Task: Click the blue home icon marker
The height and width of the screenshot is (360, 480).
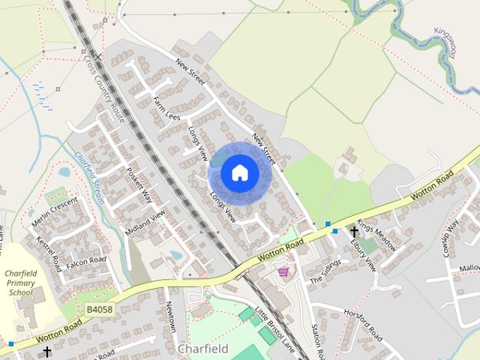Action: click(239, 172)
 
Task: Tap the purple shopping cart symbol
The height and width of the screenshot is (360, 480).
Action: click(283, 271)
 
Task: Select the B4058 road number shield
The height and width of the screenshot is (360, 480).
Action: click(100, 309)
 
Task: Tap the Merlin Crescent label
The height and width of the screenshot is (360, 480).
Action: click(55, 213)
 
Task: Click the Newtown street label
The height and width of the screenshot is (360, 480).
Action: click(171, 318)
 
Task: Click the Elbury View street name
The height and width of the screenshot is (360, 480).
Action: click(366, 253)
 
